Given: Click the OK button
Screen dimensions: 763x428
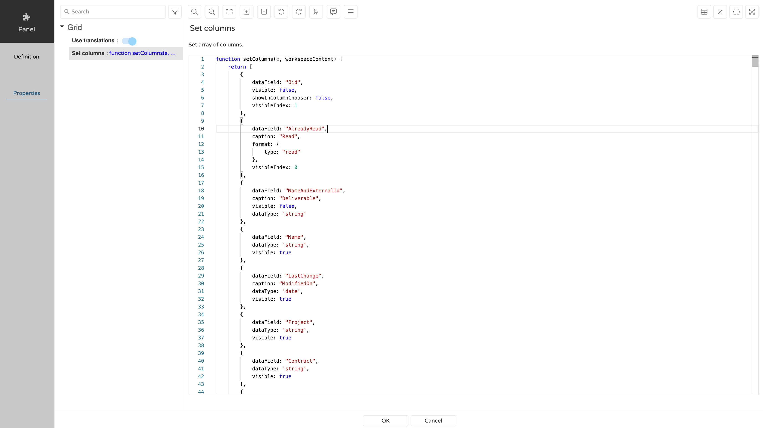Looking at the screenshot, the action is click(385, 420).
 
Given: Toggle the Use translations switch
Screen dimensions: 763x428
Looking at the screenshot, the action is click(129, 41).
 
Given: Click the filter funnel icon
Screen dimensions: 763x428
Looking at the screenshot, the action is click(175, 12).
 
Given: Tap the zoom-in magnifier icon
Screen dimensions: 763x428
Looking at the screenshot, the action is click(194, 12).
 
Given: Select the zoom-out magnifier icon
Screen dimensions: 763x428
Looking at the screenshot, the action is click(212, 12).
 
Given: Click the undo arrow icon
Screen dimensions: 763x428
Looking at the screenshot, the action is click(281, 12).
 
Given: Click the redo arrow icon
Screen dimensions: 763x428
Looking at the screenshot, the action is click(299, 12).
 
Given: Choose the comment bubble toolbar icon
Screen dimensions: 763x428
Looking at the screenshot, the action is click(333, 12).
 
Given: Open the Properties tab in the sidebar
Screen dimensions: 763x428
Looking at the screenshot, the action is click(27, 93).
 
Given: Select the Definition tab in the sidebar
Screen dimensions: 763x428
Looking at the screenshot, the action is click(27, 56).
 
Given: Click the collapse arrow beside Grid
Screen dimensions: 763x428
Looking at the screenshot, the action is click(62, 27).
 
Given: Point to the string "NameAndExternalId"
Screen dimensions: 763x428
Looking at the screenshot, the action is click(314, 191).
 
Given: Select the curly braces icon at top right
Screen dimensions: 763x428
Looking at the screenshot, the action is click(736, 12).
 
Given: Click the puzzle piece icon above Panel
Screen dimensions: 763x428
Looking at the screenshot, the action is click(27, 17).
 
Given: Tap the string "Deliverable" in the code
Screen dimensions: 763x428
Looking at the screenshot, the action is click(299, 198).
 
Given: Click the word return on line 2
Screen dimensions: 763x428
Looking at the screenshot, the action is click(237, 67).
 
